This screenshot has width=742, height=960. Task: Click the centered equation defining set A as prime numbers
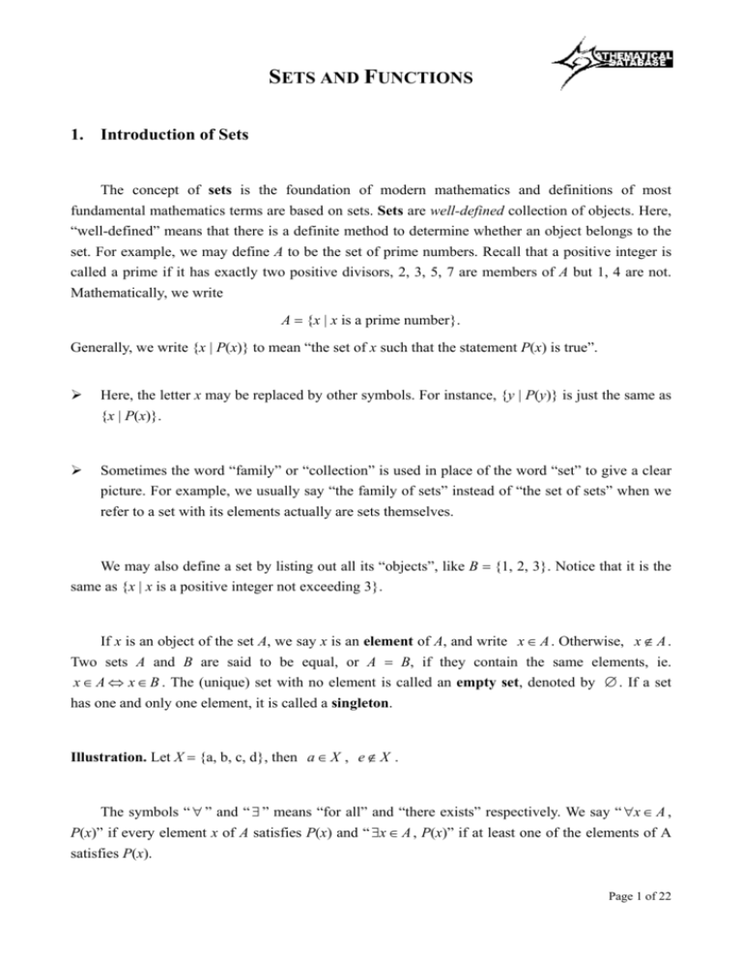(x=371, y=323)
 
